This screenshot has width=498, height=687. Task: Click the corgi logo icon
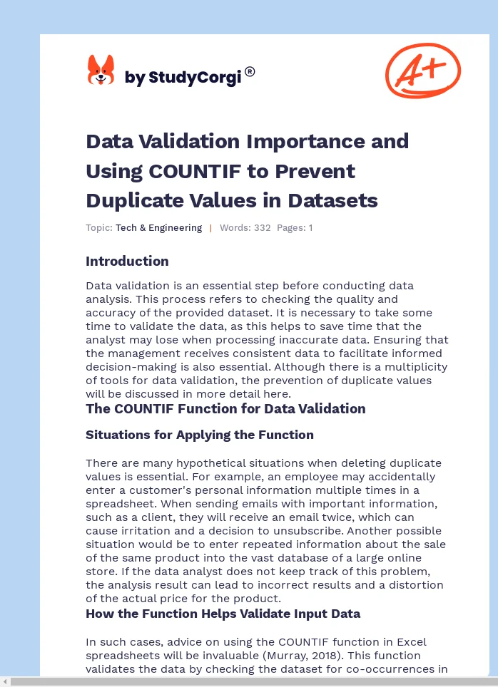101,71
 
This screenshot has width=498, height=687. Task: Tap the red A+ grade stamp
422,71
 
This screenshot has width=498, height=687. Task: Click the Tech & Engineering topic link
158,228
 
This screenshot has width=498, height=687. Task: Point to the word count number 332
262,228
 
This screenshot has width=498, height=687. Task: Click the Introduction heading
127,261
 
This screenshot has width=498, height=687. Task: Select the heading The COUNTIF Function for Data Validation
225,408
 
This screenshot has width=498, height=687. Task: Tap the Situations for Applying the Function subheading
200,435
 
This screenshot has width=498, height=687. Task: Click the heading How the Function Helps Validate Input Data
223,613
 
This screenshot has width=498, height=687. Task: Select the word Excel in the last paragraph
411,641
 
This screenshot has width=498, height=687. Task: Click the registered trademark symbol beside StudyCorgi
250,71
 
